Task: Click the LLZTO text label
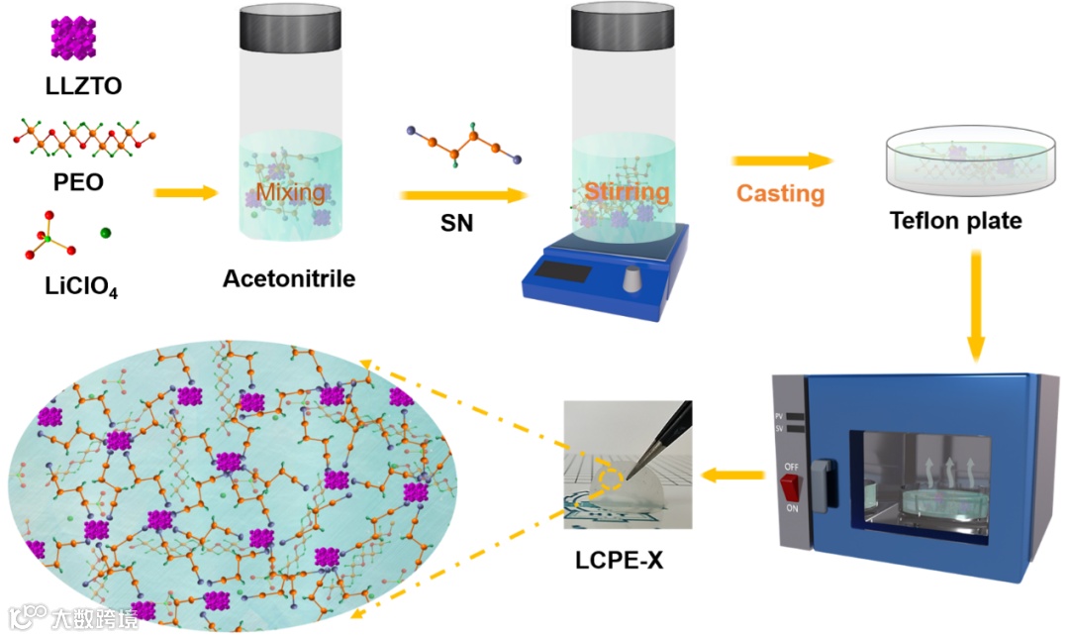(x=83, y=85)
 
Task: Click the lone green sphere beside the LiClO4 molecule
(x=106, y=234)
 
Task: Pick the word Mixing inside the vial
(x=290, y=191)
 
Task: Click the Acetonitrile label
(x=288, y=278)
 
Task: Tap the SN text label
(x=456, y=224)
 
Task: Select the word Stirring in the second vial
(x=626, y=190)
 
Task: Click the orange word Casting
(x=780, y=192)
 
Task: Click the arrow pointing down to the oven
(x=976, y=306)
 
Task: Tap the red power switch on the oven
(x=789, y=488)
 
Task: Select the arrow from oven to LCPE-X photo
(x=732, y=477)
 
